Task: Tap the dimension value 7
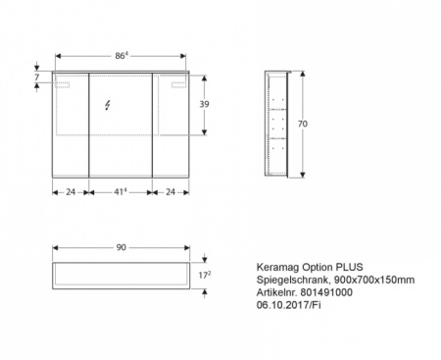pyautogui.click(x=37, y=77)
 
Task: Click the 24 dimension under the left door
pyautogui.click(x=71, y=192)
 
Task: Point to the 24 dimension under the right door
pyautogui.click(x=171, y=192)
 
